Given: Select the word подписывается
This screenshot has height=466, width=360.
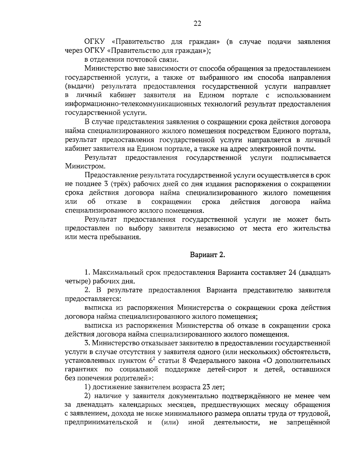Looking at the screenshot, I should [x=305, y=158].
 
